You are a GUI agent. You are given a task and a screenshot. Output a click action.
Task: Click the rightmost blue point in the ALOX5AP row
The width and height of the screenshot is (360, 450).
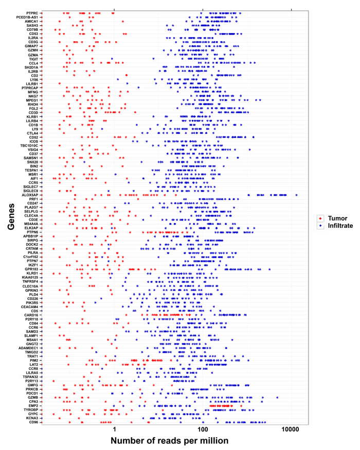297,195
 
